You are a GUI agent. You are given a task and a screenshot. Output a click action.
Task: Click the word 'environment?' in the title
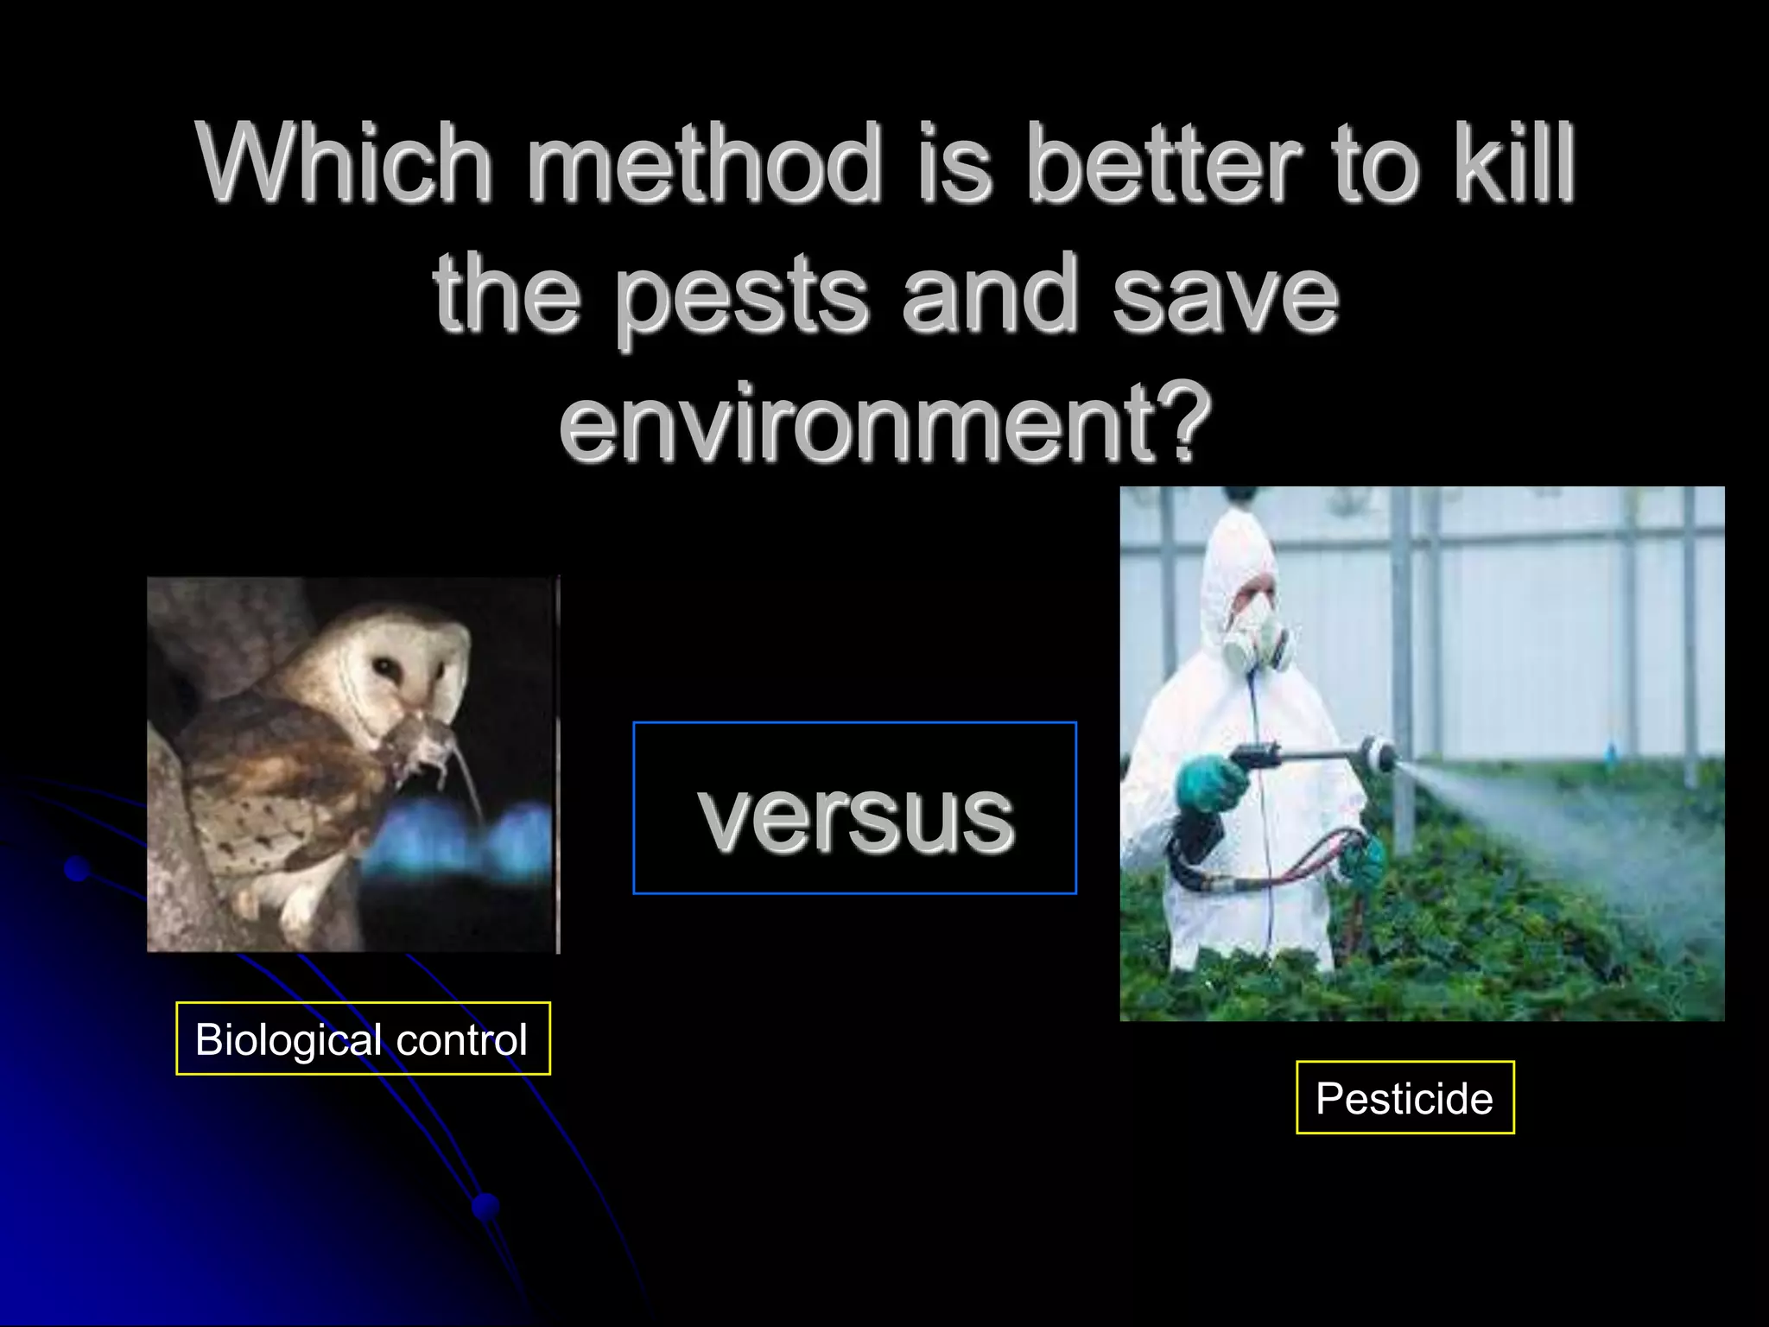pyautogui.click(x=885, y=423)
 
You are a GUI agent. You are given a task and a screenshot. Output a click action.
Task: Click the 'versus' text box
pyautogui.click(x=855, y=809)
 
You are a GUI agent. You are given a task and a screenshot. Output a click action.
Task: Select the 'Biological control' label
pyautogui.click(x=363, y=1039)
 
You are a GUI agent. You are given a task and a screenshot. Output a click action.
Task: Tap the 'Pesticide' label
pyautogui.click(x=1404, y=1098)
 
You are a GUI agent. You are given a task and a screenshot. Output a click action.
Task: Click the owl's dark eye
pyautogui.click(x=383, y=668)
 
